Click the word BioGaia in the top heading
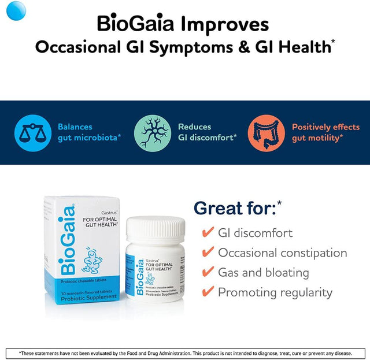137,24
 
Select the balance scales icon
32,132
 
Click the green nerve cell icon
153,132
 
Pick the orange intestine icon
267,132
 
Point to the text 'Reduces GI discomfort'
207,132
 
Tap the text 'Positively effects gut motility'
325,132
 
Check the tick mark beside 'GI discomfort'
208,233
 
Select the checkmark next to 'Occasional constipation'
208,253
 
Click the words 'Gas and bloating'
263,273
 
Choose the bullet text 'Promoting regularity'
275,292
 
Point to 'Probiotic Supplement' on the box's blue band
88,296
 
